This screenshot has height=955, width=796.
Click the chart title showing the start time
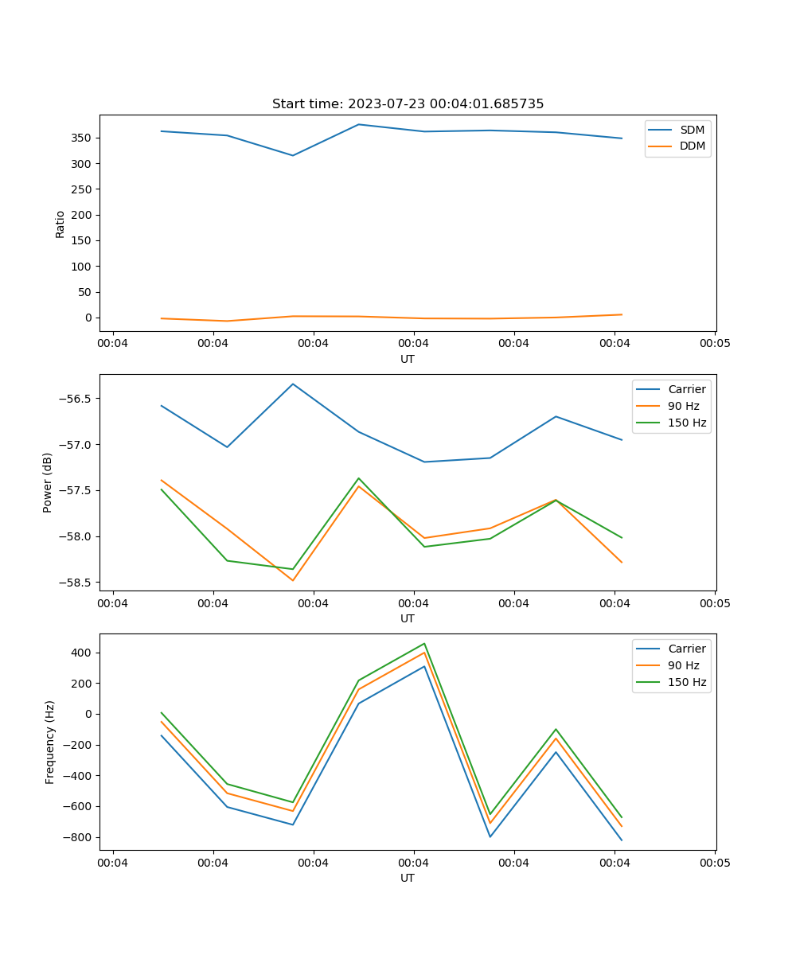point(408,104)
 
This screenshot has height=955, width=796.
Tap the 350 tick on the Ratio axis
point(82,138)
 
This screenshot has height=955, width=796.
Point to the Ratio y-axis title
point(60,224)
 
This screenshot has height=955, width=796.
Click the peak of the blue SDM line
point(359,124)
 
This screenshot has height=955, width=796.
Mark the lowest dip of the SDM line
point(293,155)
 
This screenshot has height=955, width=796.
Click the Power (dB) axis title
point(48,482)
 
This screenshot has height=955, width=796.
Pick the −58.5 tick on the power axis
point(76,583)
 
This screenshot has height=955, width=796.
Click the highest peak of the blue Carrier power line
point(293,384)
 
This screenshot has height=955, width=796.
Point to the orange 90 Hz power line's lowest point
point(293,580)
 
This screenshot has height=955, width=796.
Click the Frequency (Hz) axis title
point(50,742)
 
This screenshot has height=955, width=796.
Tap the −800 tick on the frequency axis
point(78,837)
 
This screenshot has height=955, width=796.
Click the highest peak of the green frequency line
point(424,644)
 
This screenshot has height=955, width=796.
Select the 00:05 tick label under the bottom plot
point(714,861)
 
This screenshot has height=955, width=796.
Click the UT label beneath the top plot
point(408,359)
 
